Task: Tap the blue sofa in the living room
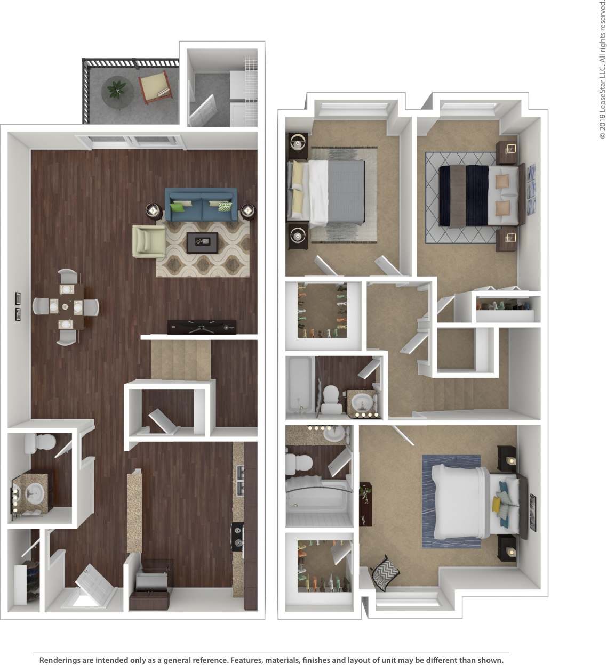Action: [201, 205]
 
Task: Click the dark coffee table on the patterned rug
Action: [202, 242]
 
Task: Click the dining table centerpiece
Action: [66, 307]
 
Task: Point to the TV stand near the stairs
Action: [202, 327]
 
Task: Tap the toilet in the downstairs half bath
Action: [39, 442]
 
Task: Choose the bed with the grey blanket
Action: [326, 191]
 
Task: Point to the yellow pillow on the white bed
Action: [497, 503]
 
